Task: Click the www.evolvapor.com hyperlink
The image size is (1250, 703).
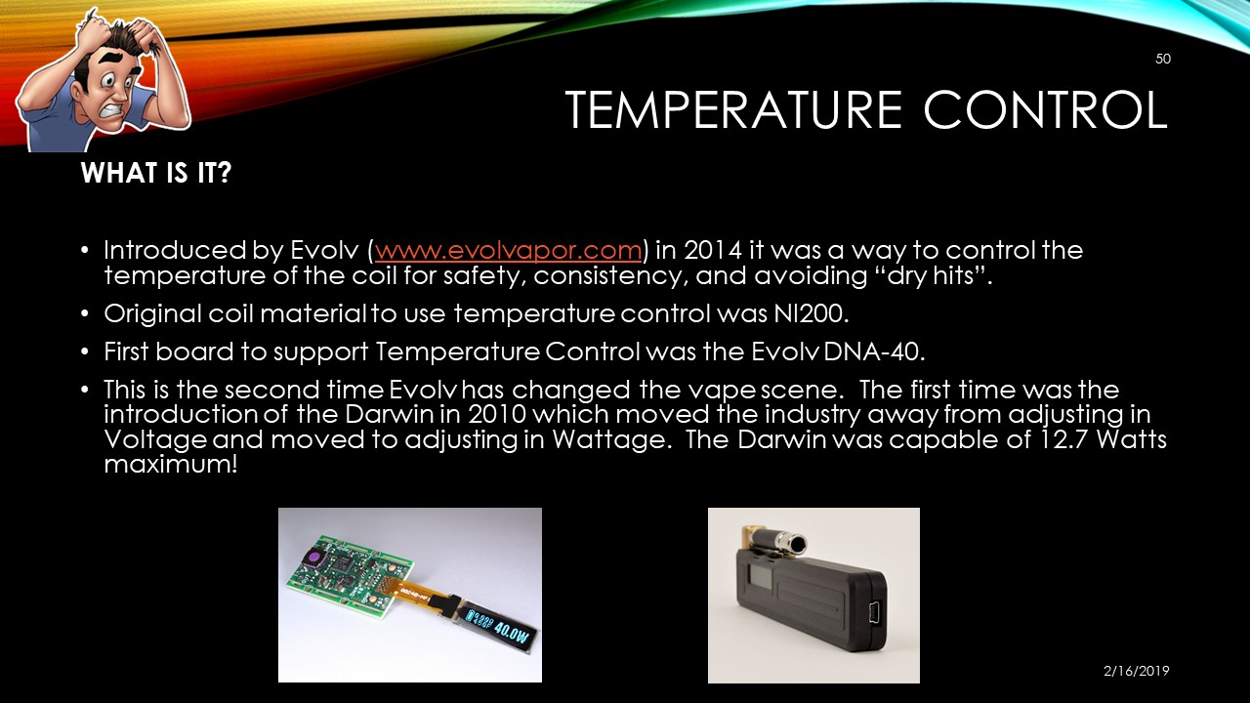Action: coord(509,250)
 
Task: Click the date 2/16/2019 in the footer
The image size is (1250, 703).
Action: coord(1136,671)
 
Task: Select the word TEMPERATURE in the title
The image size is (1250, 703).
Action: coord(733,109)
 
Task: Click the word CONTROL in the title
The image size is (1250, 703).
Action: coord(1046,109)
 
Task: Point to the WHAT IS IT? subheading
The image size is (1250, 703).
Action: coord(155,173)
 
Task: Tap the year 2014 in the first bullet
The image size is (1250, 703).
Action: coord(713,250)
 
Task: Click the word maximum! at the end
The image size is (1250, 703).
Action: coord(171,465)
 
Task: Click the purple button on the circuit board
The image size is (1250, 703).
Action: coord(313,558)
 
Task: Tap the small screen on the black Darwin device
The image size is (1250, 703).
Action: coord(760,580)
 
